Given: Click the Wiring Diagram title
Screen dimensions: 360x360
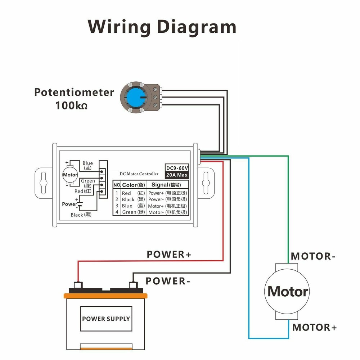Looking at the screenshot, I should pos(162,27).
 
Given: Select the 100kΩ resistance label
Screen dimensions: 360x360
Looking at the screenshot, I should pos(71,106).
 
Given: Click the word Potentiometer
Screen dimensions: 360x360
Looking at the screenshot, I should pos(74,92).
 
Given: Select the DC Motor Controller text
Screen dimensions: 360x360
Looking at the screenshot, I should pos(139,174).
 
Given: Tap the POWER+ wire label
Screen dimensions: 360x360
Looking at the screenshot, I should pos(169,255).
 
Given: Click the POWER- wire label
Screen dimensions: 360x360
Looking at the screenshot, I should pos(168,281).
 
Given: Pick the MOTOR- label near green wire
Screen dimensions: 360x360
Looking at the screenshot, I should pos(313,256).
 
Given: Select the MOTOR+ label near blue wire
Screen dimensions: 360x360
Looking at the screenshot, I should pos(314,327).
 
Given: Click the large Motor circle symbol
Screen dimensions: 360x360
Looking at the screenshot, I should pos(287,291).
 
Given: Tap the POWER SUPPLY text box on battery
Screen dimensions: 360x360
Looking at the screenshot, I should pos(106,319).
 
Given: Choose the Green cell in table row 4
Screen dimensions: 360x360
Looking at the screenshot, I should pos(130,212).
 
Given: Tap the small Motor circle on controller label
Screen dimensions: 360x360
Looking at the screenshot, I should pos(70,175).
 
